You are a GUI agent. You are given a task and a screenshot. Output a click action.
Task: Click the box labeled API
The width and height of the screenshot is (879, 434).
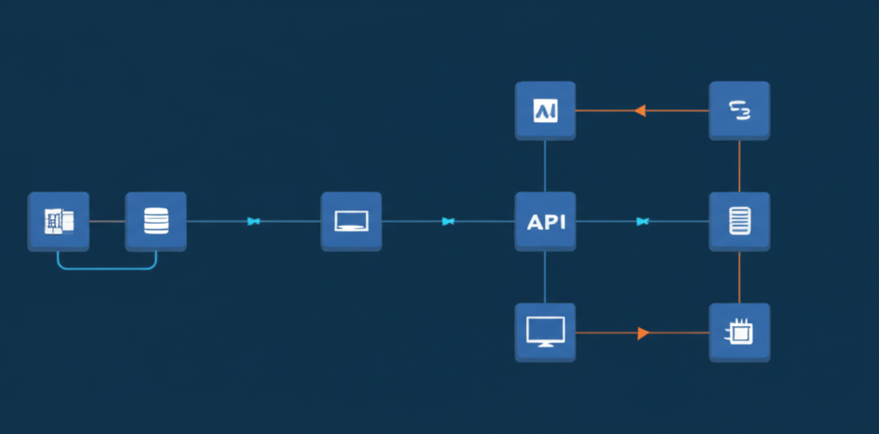coord(545,221)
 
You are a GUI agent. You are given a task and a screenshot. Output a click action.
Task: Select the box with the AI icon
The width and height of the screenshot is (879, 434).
coord(545,111)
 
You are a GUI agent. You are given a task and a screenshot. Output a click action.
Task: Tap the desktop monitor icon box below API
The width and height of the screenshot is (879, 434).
coord(545,332)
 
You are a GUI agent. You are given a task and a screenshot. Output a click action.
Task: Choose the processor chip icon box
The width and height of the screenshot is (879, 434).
coord(739,332)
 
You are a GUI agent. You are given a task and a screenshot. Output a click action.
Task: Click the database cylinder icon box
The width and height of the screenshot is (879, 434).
coord(155,221)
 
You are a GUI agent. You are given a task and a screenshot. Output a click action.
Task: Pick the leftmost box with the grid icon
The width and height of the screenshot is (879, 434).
coord(58,221)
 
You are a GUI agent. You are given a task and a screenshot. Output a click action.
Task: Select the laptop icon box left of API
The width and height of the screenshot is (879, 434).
coord(351,221)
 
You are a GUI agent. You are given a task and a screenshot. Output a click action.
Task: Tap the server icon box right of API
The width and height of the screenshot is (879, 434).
coord(739,221)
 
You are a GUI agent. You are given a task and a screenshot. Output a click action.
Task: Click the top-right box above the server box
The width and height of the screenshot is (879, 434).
coord(739,111)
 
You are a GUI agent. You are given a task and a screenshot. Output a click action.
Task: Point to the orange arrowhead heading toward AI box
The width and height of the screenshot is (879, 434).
coord(640,111)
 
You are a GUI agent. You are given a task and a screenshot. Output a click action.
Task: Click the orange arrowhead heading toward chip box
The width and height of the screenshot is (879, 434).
coord(643,333)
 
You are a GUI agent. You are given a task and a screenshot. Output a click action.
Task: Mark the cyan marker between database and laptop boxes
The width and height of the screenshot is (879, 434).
coord(253,221)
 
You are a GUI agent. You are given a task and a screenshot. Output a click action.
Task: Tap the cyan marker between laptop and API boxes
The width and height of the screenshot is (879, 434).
coord(447,221)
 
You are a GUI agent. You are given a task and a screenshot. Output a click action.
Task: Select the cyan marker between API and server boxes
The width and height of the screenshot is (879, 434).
coord(642,221)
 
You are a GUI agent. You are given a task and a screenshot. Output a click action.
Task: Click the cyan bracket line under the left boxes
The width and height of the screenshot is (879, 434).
coord(106,268)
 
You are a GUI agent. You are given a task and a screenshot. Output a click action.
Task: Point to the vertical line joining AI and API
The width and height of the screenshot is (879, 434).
coord(545,166)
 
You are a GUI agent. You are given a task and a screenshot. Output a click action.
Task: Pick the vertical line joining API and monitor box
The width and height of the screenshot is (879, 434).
coord(545,276)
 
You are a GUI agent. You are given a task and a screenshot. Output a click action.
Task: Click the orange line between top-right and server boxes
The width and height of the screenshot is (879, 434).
coord(739,166)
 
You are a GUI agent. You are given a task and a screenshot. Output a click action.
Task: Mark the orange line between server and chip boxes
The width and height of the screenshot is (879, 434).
coord(739,276)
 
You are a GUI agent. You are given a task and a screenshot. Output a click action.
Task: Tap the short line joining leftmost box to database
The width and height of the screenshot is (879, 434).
coord(106,221)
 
